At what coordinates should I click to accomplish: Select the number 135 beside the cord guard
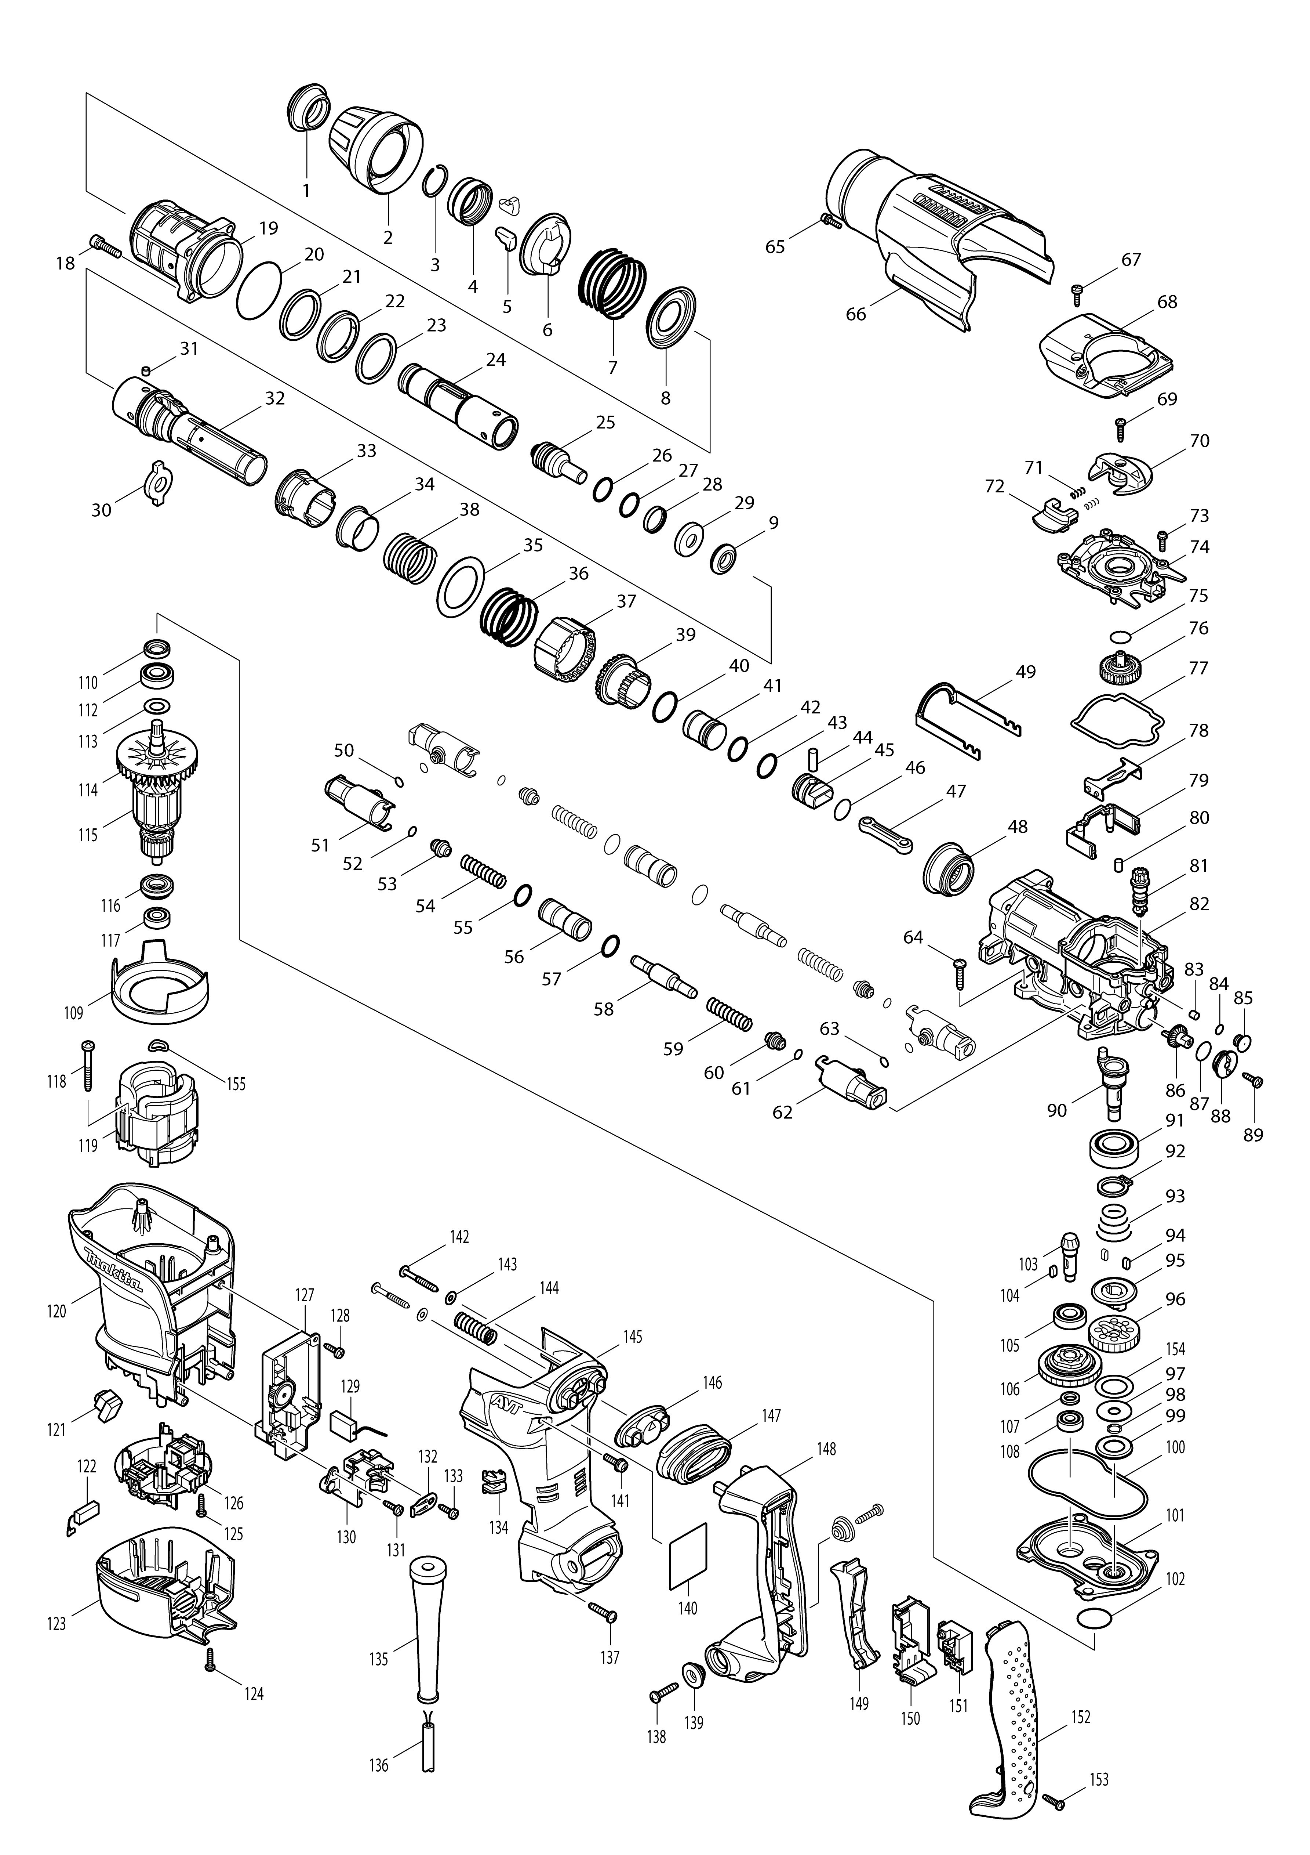(x=379, y=1660)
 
